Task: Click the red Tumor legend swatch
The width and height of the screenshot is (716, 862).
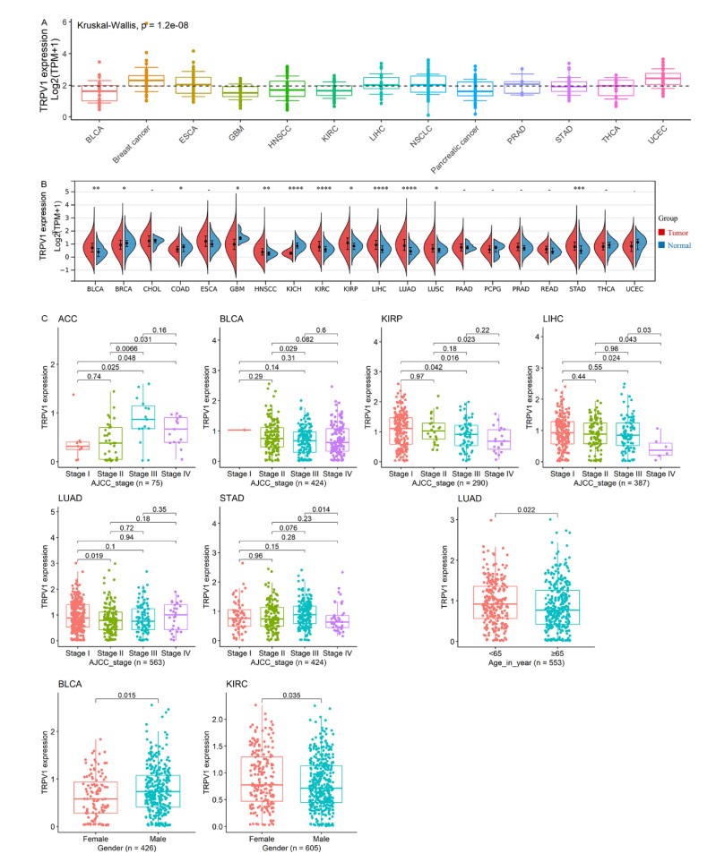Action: (662, 232)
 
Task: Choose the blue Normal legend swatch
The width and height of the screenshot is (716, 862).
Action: (662, 245)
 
